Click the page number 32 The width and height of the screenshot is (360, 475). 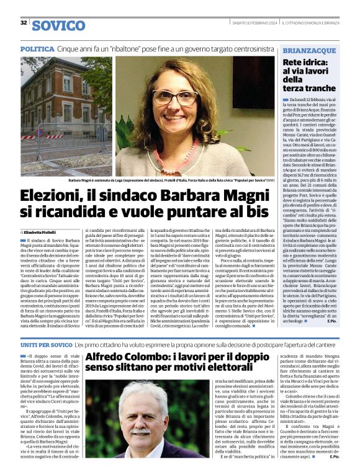pyautogui.click(x=24, y=23)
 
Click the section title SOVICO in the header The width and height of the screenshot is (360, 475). pyautogui.click(x=58, y=25)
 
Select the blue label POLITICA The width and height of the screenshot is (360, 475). pyautogui.click(x=37, y=48)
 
